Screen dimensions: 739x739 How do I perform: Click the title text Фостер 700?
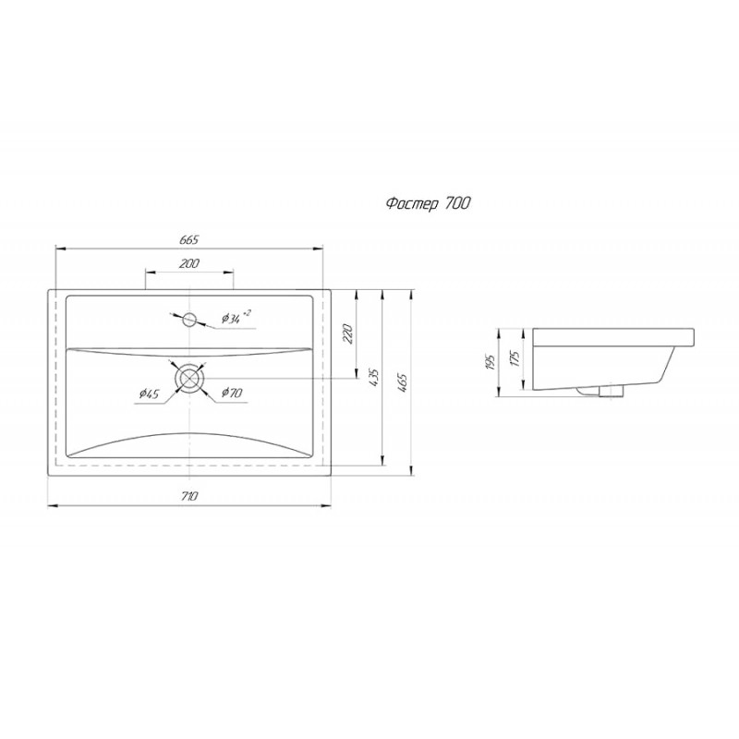[428, 203]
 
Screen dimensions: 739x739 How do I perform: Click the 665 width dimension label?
[188, 239]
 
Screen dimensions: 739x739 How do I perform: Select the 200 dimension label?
[189, 263]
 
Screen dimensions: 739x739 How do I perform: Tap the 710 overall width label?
[189, 496]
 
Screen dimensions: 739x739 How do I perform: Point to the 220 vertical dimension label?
[349, 333]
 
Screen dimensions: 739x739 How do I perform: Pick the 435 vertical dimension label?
[375, 378]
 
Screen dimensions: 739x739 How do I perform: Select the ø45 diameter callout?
[149, 394]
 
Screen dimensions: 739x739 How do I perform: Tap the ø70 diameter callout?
[232, 392]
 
